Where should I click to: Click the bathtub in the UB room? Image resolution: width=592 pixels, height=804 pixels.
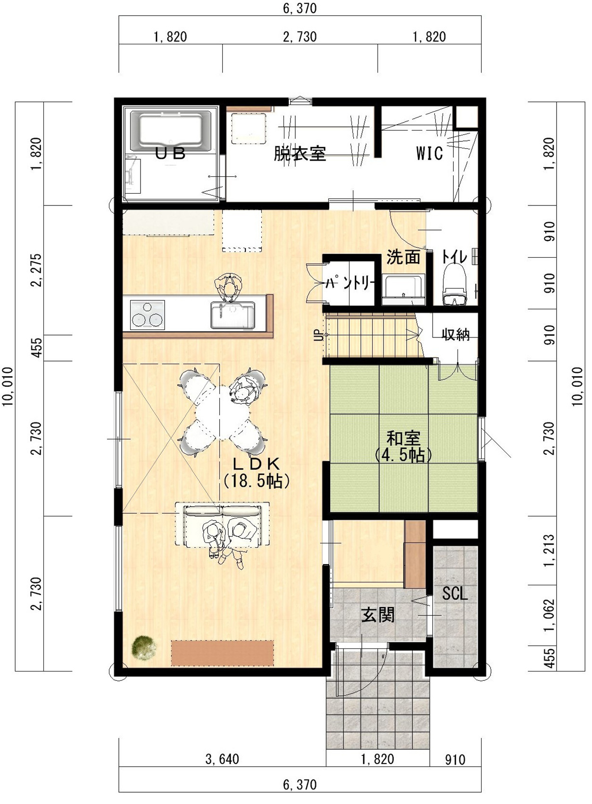pyautogui.click(x=170, y=131)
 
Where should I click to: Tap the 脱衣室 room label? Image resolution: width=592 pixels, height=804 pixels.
pyautogui.click(x=300, y=153)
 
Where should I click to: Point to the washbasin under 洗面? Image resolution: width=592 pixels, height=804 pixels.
pyautogui.click(x=403, y=290)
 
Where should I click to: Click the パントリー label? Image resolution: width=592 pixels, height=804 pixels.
pyautogui.click(x=350, y=284)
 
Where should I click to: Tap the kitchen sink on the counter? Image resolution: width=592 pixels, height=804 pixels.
pyautogui.click(x=233, y=315)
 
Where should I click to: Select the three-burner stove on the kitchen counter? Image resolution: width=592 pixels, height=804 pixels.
pyautogui.click(x=148, y=315)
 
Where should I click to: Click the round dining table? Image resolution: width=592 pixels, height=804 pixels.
pyautogui.click(x=223, y=413)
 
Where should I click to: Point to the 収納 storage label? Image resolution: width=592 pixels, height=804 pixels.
pyautogui.click(x=456, y=335)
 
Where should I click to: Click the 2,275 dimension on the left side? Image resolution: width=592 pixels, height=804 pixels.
pyautogui.click(x=37, y=270)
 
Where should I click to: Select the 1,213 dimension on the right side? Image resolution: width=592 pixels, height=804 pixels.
pyautogui.click(x=550, y=550)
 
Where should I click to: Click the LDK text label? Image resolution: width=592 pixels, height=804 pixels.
pyautogui.click(x=256, y=464)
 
